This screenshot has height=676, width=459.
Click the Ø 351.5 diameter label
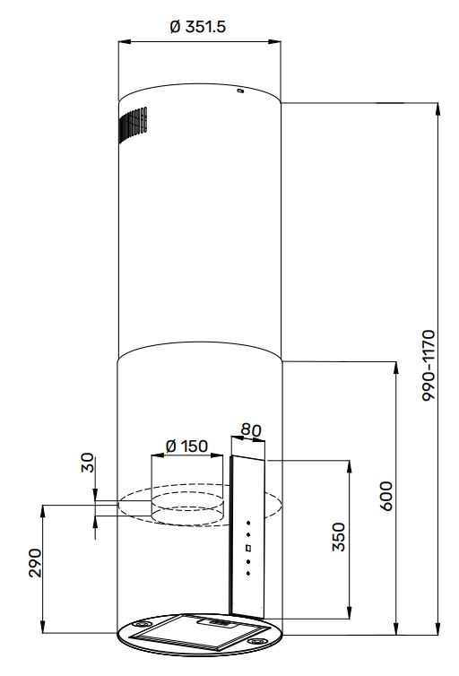pyautogui.click(x=198, y=27)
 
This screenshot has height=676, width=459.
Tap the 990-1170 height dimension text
pyautogui.click(x=429, y=366)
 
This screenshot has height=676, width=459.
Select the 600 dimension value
pyautogui.click(x=386, y=496)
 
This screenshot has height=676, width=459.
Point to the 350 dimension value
pyautogui.click(x=339, y=537)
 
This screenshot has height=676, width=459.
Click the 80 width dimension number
pyautogui.click(x=251, y=429)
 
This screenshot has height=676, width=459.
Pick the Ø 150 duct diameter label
pyautogui.click(x=186, y=446)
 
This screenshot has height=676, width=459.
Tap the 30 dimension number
pyautogui.click(x=88, y=463)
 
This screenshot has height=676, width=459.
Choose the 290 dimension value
pyautogui.click(x=35, y=563)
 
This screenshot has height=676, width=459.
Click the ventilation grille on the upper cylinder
pyautogui.click(x=134, y=123)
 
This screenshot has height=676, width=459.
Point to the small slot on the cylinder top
pyautogui.click(x=240, y=91)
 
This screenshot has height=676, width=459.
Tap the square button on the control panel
pyautogui.click(x=248, y=549)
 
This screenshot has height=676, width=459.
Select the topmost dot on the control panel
pyautogui.click(x=248, y=523)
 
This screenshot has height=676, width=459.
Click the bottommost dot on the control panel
pyautogui.click(x=248, y=574)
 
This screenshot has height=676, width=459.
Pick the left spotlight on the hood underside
pyautogui.click(x=142, y=624)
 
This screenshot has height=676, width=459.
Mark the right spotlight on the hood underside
pyautogui.click(x=257, y=642)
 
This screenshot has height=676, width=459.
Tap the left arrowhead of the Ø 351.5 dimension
pyautogui.click(x=124, y=42)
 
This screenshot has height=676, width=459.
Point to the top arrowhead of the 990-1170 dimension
pyautogui.click(x=438, y=108)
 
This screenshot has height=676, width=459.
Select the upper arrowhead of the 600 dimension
pyautogui.click(x=396, y=367)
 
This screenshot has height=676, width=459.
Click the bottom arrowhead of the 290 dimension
pyautogui.click(x=43, y=627)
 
